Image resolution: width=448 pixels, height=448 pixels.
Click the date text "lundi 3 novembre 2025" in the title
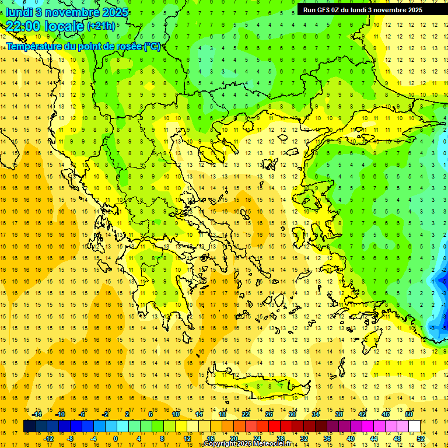[x=67, y=12]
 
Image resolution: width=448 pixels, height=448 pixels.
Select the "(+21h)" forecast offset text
[x=101, y=26]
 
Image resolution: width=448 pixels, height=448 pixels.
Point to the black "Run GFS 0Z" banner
[x=368, y=10]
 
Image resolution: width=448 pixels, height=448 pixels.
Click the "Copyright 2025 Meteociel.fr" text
[x=247, y=444]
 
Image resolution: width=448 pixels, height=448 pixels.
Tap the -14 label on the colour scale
[x=37, y=414]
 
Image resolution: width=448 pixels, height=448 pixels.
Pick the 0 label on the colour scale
[x=116, y=439]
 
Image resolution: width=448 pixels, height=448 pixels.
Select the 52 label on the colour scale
[x=421, y=439]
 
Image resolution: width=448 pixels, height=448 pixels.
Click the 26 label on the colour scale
[x=269, y=414]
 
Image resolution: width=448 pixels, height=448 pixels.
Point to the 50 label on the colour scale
[x=409, y=414]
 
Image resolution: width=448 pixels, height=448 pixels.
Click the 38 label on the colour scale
[x=339, y=414]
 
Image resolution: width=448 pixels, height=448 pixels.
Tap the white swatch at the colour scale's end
[x=415, y=426]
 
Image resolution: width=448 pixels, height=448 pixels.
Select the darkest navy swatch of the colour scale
[x=29, y=426]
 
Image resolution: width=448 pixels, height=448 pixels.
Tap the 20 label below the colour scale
[x=234, y=439]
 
